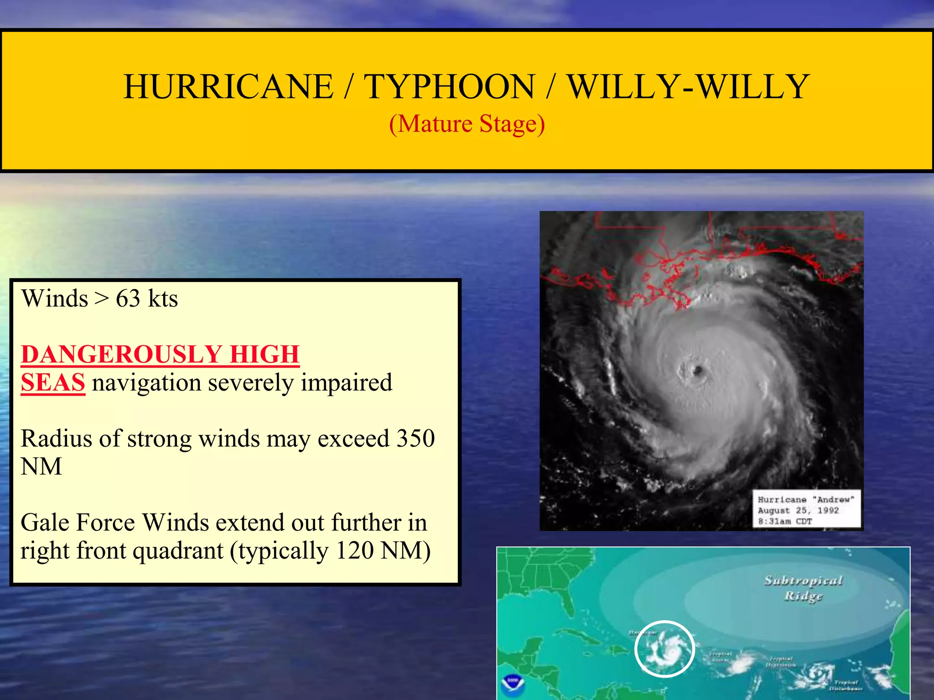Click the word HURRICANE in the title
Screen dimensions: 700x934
228,87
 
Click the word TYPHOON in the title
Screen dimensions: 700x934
449,87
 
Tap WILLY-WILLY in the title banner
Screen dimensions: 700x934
688,87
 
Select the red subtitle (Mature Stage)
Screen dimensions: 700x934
467,124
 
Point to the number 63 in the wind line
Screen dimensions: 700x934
128,299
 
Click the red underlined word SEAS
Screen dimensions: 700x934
53,382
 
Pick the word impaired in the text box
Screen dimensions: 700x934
347,382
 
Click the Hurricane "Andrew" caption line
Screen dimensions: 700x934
806,499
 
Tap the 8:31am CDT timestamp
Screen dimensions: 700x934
785,521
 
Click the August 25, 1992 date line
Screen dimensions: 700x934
798,510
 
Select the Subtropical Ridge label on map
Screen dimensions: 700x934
804,588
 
